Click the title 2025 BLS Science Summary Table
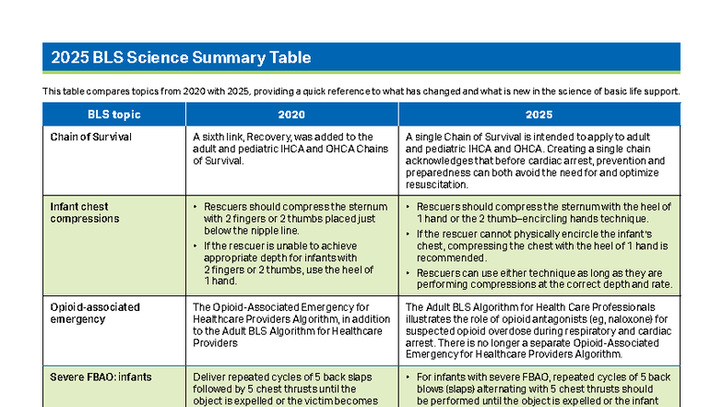click(x=181, y=58)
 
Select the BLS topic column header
click(x=114, y=114)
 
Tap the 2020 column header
click(x=291, y=114)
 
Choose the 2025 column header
click(x=539, y=114)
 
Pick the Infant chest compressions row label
click(x=85, y=212)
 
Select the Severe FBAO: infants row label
click(x=101, y=377)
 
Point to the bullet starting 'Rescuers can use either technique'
click(x=544, y=279)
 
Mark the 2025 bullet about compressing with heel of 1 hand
click(x=544, y=212)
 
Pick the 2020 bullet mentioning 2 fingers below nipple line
click(x=287, y=219)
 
